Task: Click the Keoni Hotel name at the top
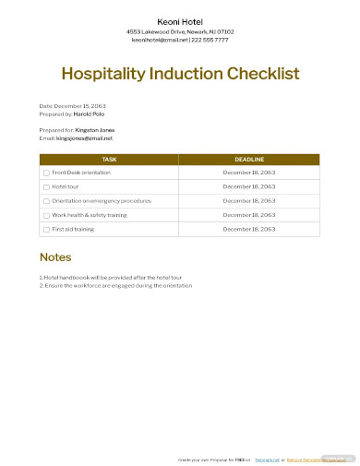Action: tap(180, 21)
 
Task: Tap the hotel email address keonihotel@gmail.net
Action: tap(159, 41)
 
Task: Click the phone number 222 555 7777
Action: tap(210, 41)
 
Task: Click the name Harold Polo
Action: tap(89, 114)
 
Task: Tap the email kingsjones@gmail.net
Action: tap(83, 138)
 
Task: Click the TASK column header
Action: tap(109, 160)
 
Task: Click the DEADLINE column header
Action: tap(249, 160)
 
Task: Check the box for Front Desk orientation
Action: tap(47, 173)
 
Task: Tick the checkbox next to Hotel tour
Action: tap(47, 186)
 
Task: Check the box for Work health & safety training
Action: tap(47, 214)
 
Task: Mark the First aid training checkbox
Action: tap(47, 228)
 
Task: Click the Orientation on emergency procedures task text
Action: tap(101, 200)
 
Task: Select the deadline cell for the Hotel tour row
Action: tap(249, 186)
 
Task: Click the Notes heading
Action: tap(55, 257)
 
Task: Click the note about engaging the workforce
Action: tap(115, 285)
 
